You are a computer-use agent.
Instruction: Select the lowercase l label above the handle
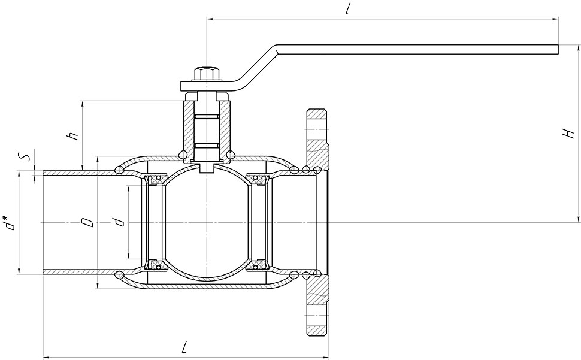click(347, 8)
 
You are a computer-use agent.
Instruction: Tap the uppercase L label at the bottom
click(184, 348)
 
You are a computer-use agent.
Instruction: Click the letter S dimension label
click(25, 158)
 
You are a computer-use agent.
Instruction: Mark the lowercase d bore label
click(119, 222)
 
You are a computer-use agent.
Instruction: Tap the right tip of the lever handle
click(558, 50)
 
